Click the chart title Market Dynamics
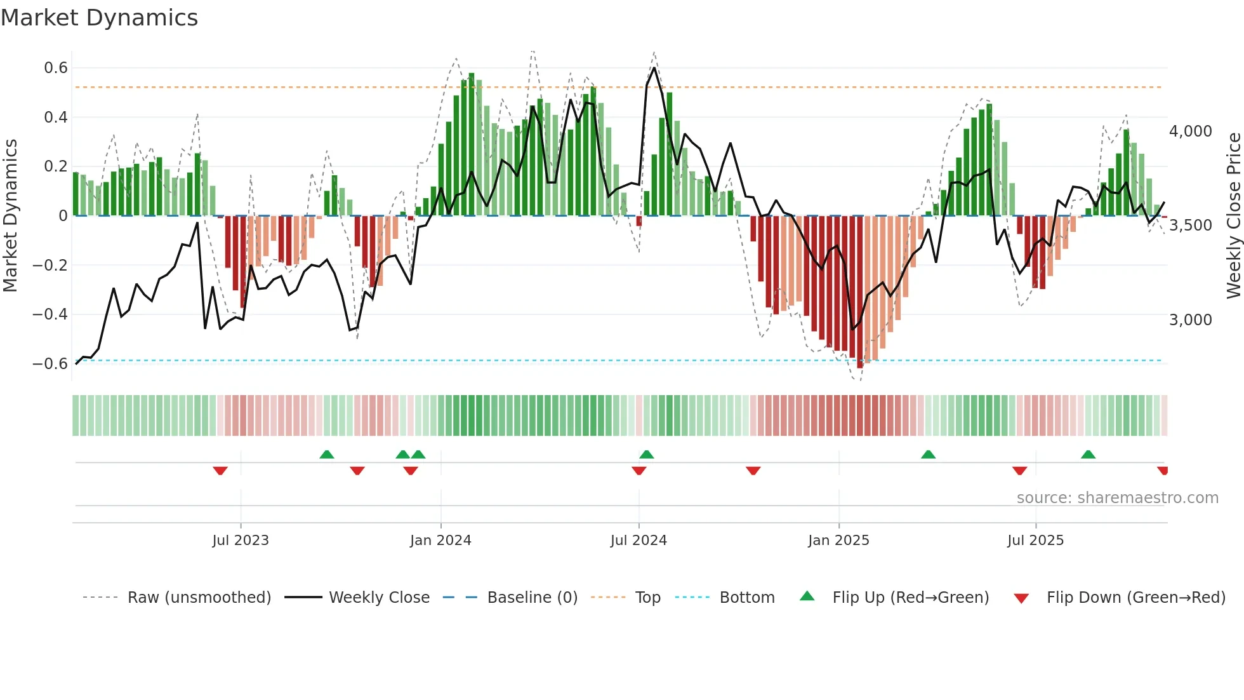[99, 18]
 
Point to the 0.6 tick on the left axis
[56, 68]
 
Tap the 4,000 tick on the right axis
[1190, 131]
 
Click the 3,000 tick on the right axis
[1190, 320]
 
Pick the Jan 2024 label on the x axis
[440, 541]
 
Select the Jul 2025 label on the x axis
[1035, 541]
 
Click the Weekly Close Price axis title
[1233, 216]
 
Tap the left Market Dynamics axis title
[10, 216]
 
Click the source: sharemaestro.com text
[1117, 498]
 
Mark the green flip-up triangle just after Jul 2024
[646, 455]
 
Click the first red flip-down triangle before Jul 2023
[220, 470]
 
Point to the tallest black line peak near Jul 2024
[654, 68]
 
